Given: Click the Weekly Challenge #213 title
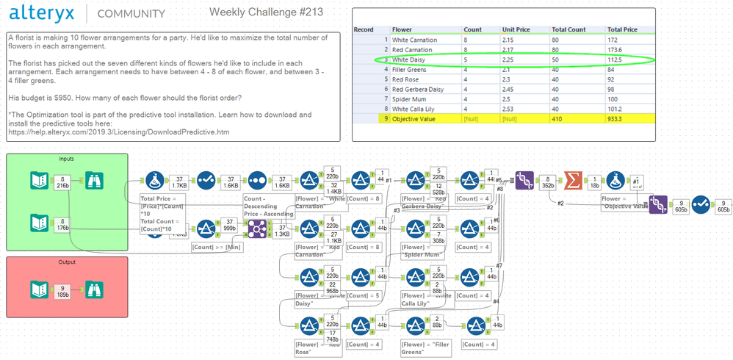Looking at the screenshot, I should tap(266, 12).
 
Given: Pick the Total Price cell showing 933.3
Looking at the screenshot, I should tap(618, 118).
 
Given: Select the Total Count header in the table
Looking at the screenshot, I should tap(570, 29).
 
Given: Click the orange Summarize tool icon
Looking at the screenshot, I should tap(573, 180).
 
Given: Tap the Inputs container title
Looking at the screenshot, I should tap(67, 158).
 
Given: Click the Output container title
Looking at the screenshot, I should tap(67, 262).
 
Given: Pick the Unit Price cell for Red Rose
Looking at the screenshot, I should tap(508, 79).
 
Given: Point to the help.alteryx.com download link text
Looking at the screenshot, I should tap(118, 132).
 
